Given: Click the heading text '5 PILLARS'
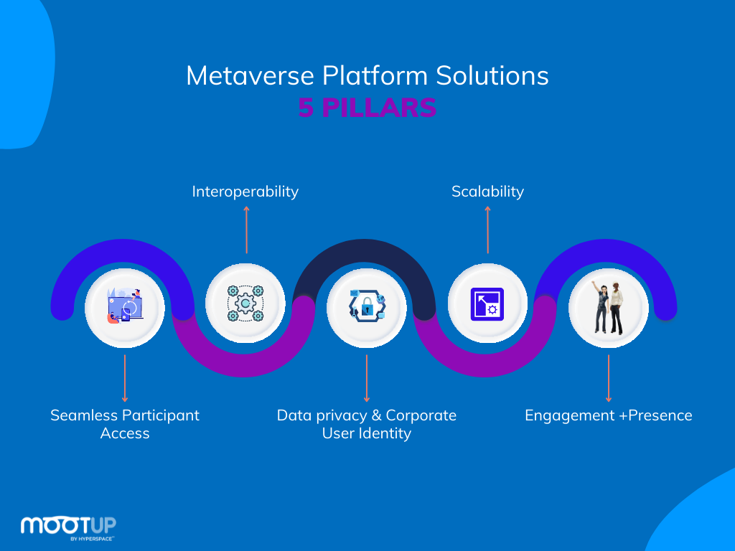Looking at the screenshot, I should pos(367,108).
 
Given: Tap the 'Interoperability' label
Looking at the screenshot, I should pos(245,192).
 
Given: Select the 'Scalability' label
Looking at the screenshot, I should pos(487,192).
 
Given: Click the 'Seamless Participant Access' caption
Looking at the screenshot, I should pos(125,424).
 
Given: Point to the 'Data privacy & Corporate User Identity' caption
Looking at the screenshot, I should pos(367,424).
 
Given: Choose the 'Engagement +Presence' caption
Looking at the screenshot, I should pos(608,415).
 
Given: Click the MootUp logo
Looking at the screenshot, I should pos(68,526).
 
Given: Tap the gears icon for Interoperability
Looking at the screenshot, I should pos(245,303).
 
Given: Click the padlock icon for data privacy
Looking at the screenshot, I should pos(367,308).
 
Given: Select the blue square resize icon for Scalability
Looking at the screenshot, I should pos(487,303).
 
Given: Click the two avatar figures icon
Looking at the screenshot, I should pos(608,308).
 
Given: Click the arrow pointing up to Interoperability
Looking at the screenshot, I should pos(246,230).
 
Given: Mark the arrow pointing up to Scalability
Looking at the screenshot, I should pos(488,230).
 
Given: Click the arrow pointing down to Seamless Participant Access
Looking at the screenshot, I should pos(125,377).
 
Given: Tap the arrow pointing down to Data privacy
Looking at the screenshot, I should pos(367,377).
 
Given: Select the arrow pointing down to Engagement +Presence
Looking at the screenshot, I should pos(609,377).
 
